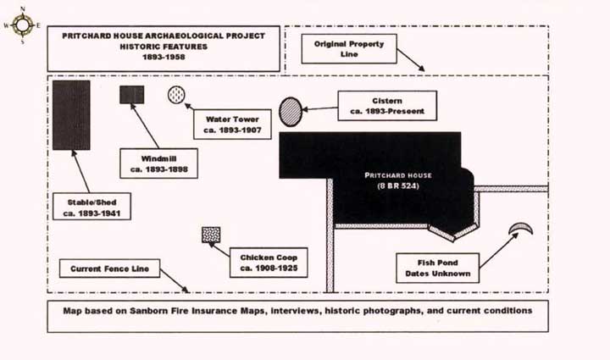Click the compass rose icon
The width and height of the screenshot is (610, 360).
pos(22,25)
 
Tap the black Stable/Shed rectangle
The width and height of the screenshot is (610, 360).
pos(71,116)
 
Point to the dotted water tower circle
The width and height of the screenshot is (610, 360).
pos(176,94)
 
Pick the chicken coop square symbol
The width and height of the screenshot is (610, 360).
pos(209,235)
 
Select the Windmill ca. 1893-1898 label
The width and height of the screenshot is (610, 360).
pos(159,163)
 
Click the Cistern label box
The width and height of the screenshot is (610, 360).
pos(385,104)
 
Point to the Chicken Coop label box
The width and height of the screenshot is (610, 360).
pos(268,262)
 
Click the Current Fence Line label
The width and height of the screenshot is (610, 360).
pos(110,269)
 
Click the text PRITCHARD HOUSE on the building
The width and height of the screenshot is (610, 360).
pos(398,175)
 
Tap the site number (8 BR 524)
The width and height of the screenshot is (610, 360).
pos(398,186)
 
